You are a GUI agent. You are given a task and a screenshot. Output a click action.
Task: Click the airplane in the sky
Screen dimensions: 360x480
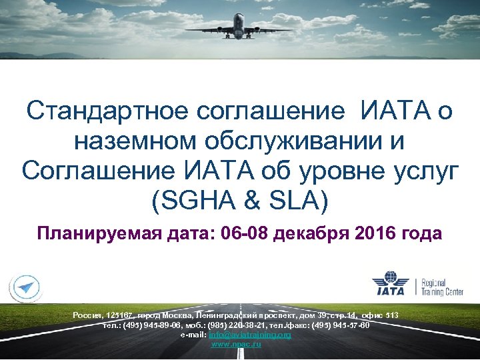click(243, 26)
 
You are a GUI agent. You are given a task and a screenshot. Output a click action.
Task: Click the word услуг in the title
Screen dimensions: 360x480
click(424, 171)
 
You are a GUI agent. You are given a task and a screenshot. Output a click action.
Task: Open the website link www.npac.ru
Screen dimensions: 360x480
click(236, 344)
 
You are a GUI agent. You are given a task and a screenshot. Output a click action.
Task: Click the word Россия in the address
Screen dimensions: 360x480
click(87, 314)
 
